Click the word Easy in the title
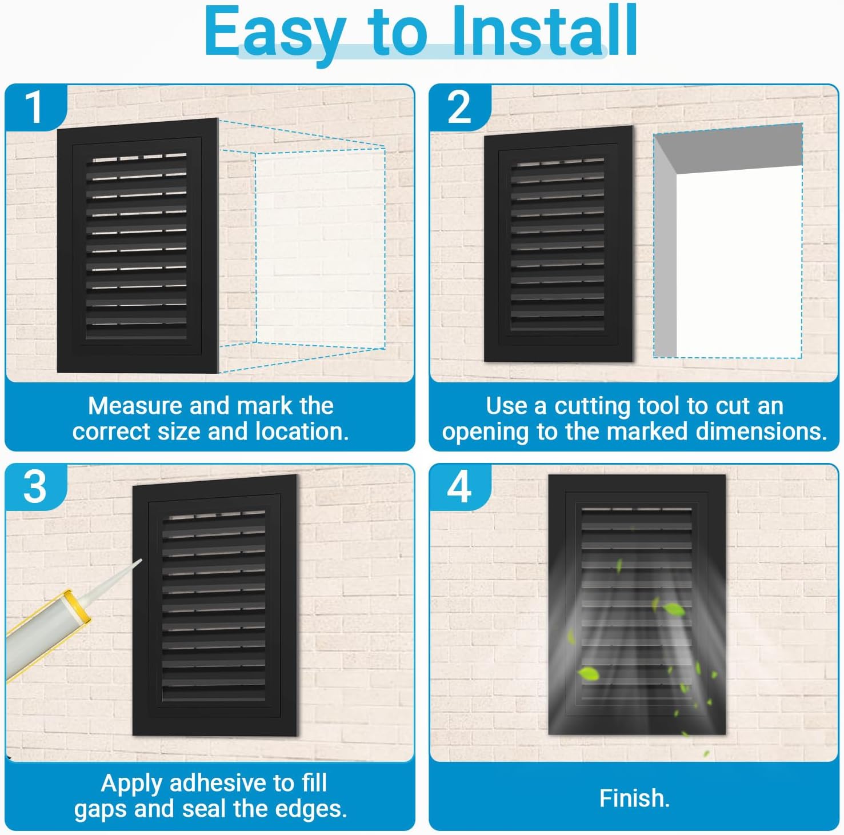point(274,33)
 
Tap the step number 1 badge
point(34,107)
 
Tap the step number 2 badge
point(459,107)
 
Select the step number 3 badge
point(34,487)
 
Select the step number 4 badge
point(459,487)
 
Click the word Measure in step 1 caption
point(135,406)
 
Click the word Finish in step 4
point(634,798)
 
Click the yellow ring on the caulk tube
point(77,606)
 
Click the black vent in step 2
point(558,244)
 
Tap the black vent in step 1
point(137,246)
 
